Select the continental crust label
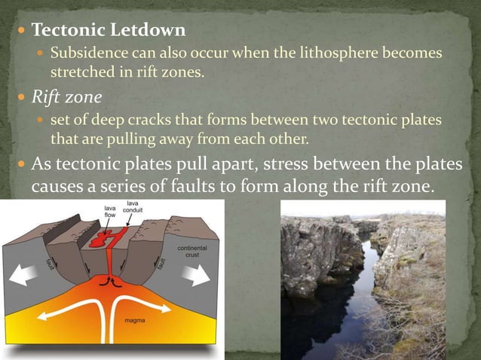(x=193, y=252)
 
